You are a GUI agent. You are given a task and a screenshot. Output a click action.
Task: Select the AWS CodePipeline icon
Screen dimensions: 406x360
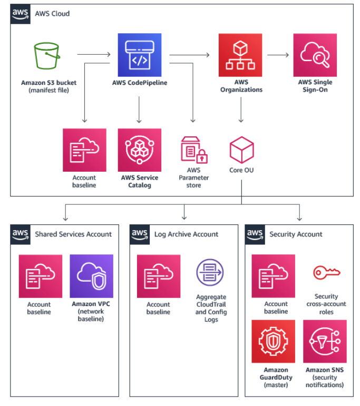pyautogui.click(x=139, y=55)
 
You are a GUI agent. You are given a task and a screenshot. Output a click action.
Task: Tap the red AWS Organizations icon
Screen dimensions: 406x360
pyautogui.click(x=240, y=55)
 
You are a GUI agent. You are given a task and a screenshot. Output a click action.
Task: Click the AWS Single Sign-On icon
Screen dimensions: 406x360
pyautogui.click(x=315, y=55)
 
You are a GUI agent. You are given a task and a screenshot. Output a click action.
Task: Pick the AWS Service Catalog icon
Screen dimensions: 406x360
pyautogui.click(x=139, y=150)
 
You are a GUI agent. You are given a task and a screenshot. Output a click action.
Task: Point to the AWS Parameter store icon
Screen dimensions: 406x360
pyautogui.click(x=193, y=150)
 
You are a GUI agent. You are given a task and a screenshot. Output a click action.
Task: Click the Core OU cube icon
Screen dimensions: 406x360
pyautogui.click(x=242, y=150)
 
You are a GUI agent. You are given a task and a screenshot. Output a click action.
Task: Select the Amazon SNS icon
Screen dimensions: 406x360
pyautogui.click(x=325, y=341)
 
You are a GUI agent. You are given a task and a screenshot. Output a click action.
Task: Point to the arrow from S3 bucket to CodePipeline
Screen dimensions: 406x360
pyautogui.click(x=94, y=54)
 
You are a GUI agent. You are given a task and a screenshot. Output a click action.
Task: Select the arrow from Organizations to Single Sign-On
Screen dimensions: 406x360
pyautogui.click(x=278, y=54)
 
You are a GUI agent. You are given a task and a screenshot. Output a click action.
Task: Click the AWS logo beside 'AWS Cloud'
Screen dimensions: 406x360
pyautogui.click(x=20, y=13)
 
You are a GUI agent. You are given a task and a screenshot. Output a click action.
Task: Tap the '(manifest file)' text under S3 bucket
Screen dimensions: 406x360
pyautogui.click(x=48, y=91)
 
